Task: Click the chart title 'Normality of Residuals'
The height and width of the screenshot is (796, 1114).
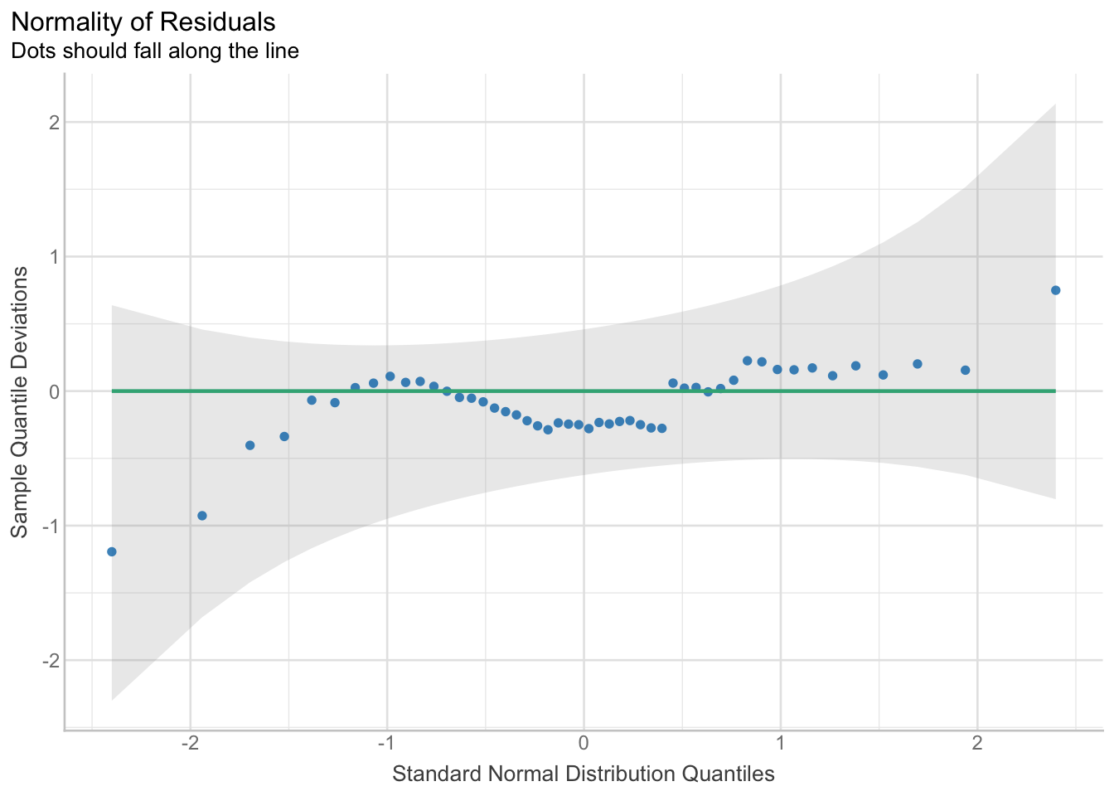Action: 144,21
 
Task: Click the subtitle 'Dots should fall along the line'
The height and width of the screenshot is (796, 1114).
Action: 154,51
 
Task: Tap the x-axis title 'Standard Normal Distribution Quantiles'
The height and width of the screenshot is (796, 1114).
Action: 583,774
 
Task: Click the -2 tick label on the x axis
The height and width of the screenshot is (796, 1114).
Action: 190,741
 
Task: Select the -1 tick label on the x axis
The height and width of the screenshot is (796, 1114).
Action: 386,741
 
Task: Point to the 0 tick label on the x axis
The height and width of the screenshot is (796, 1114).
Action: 584,741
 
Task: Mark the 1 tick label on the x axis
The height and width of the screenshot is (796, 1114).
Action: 780,741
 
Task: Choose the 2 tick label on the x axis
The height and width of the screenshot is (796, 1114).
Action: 977,741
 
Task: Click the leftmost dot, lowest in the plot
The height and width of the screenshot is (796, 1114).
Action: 112,551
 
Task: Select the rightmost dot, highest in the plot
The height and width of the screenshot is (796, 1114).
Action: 1055,290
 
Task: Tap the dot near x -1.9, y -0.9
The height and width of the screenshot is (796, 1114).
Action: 201,516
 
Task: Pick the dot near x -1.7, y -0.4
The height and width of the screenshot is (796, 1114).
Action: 249,445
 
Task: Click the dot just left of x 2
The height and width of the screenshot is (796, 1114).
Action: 965,370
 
